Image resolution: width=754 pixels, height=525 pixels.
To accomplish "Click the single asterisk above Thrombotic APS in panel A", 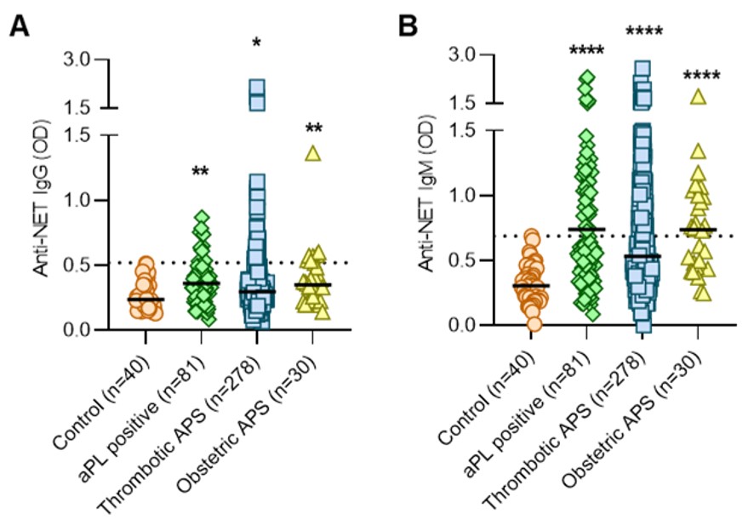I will (x=256, y=42).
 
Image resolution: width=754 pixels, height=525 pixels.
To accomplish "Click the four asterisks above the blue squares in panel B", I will (x=643, y=32).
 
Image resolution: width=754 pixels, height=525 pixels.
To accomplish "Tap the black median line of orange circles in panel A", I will (x=146, y=300).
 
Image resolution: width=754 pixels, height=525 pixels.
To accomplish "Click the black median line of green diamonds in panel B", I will (x=586, y=229).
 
